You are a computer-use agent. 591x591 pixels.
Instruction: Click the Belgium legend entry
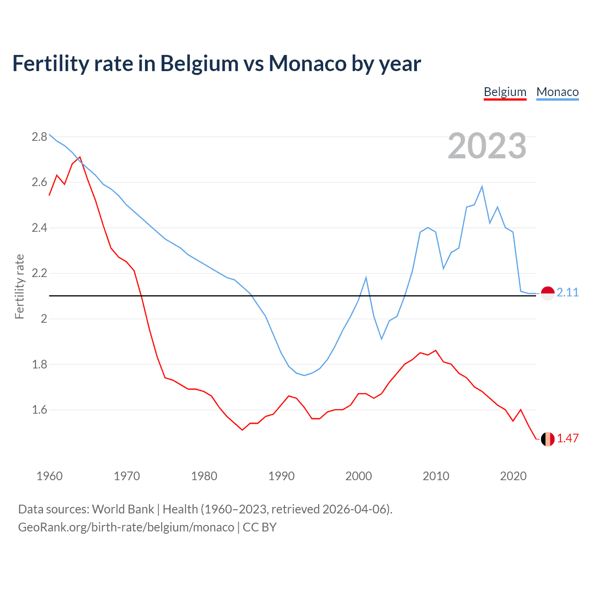(x=505, y=92)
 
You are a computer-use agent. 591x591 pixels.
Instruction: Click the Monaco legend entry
(x=557, y=92)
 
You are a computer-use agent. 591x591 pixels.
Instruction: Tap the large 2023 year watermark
(x=487, y=146)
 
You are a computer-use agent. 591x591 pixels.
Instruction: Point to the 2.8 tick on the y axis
(x=39, y=137)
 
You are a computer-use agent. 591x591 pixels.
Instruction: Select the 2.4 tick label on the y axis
(x=39, y=228)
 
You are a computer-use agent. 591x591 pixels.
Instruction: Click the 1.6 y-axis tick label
(x=39, y=410)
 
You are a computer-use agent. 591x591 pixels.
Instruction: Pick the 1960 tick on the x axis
(x=49, y=476)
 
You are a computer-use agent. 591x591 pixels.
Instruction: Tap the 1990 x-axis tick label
(x=281, y=476)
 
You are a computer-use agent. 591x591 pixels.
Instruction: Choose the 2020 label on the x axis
(x=513, y=476)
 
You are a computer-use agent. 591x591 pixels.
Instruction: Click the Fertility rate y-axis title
(x=19, y=286)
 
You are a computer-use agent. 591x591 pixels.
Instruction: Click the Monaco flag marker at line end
(x=548, y=293)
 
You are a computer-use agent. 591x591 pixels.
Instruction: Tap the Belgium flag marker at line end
(x=548, y=439)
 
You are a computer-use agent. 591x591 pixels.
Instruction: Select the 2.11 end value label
(x=567, y=292)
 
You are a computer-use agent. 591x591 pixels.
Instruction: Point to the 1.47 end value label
(x=567, y=438)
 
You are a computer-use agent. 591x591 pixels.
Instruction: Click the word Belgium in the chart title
(x=199, y=64)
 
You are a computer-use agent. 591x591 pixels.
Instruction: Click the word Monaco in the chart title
(x=308, y=64)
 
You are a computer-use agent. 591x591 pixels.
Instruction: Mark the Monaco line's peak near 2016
(x=482, y=187)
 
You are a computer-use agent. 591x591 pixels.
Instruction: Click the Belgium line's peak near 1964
(x=80, y=157)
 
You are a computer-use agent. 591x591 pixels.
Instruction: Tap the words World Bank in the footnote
(x=123, y=509)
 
